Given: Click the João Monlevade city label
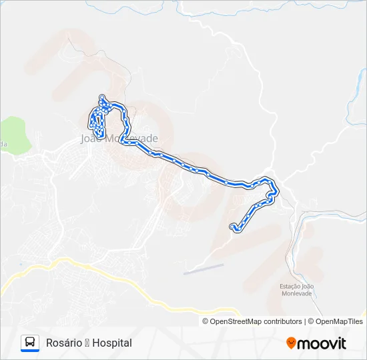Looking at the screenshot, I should click(x=119, y=139).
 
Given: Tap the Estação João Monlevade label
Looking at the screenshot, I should click(x=297, y=290).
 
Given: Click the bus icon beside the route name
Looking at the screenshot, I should click(x=30, y=343).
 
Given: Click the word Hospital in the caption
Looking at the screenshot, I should click(x=112, y=343).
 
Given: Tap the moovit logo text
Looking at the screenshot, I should click(x=322, y=343).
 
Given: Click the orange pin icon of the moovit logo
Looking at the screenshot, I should click(x=291, y=343).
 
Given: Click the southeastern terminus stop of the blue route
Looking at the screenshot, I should click(x=233, y=227).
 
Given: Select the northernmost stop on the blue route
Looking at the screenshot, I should click(x=101, y=97).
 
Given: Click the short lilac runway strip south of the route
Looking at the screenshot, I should click(x=204, y=269).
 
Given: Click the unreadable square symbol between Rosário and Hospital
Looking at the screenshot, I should click(x=86, y=343).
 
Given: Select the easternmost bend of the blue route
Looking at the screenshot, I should click(x=276, y=191).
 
